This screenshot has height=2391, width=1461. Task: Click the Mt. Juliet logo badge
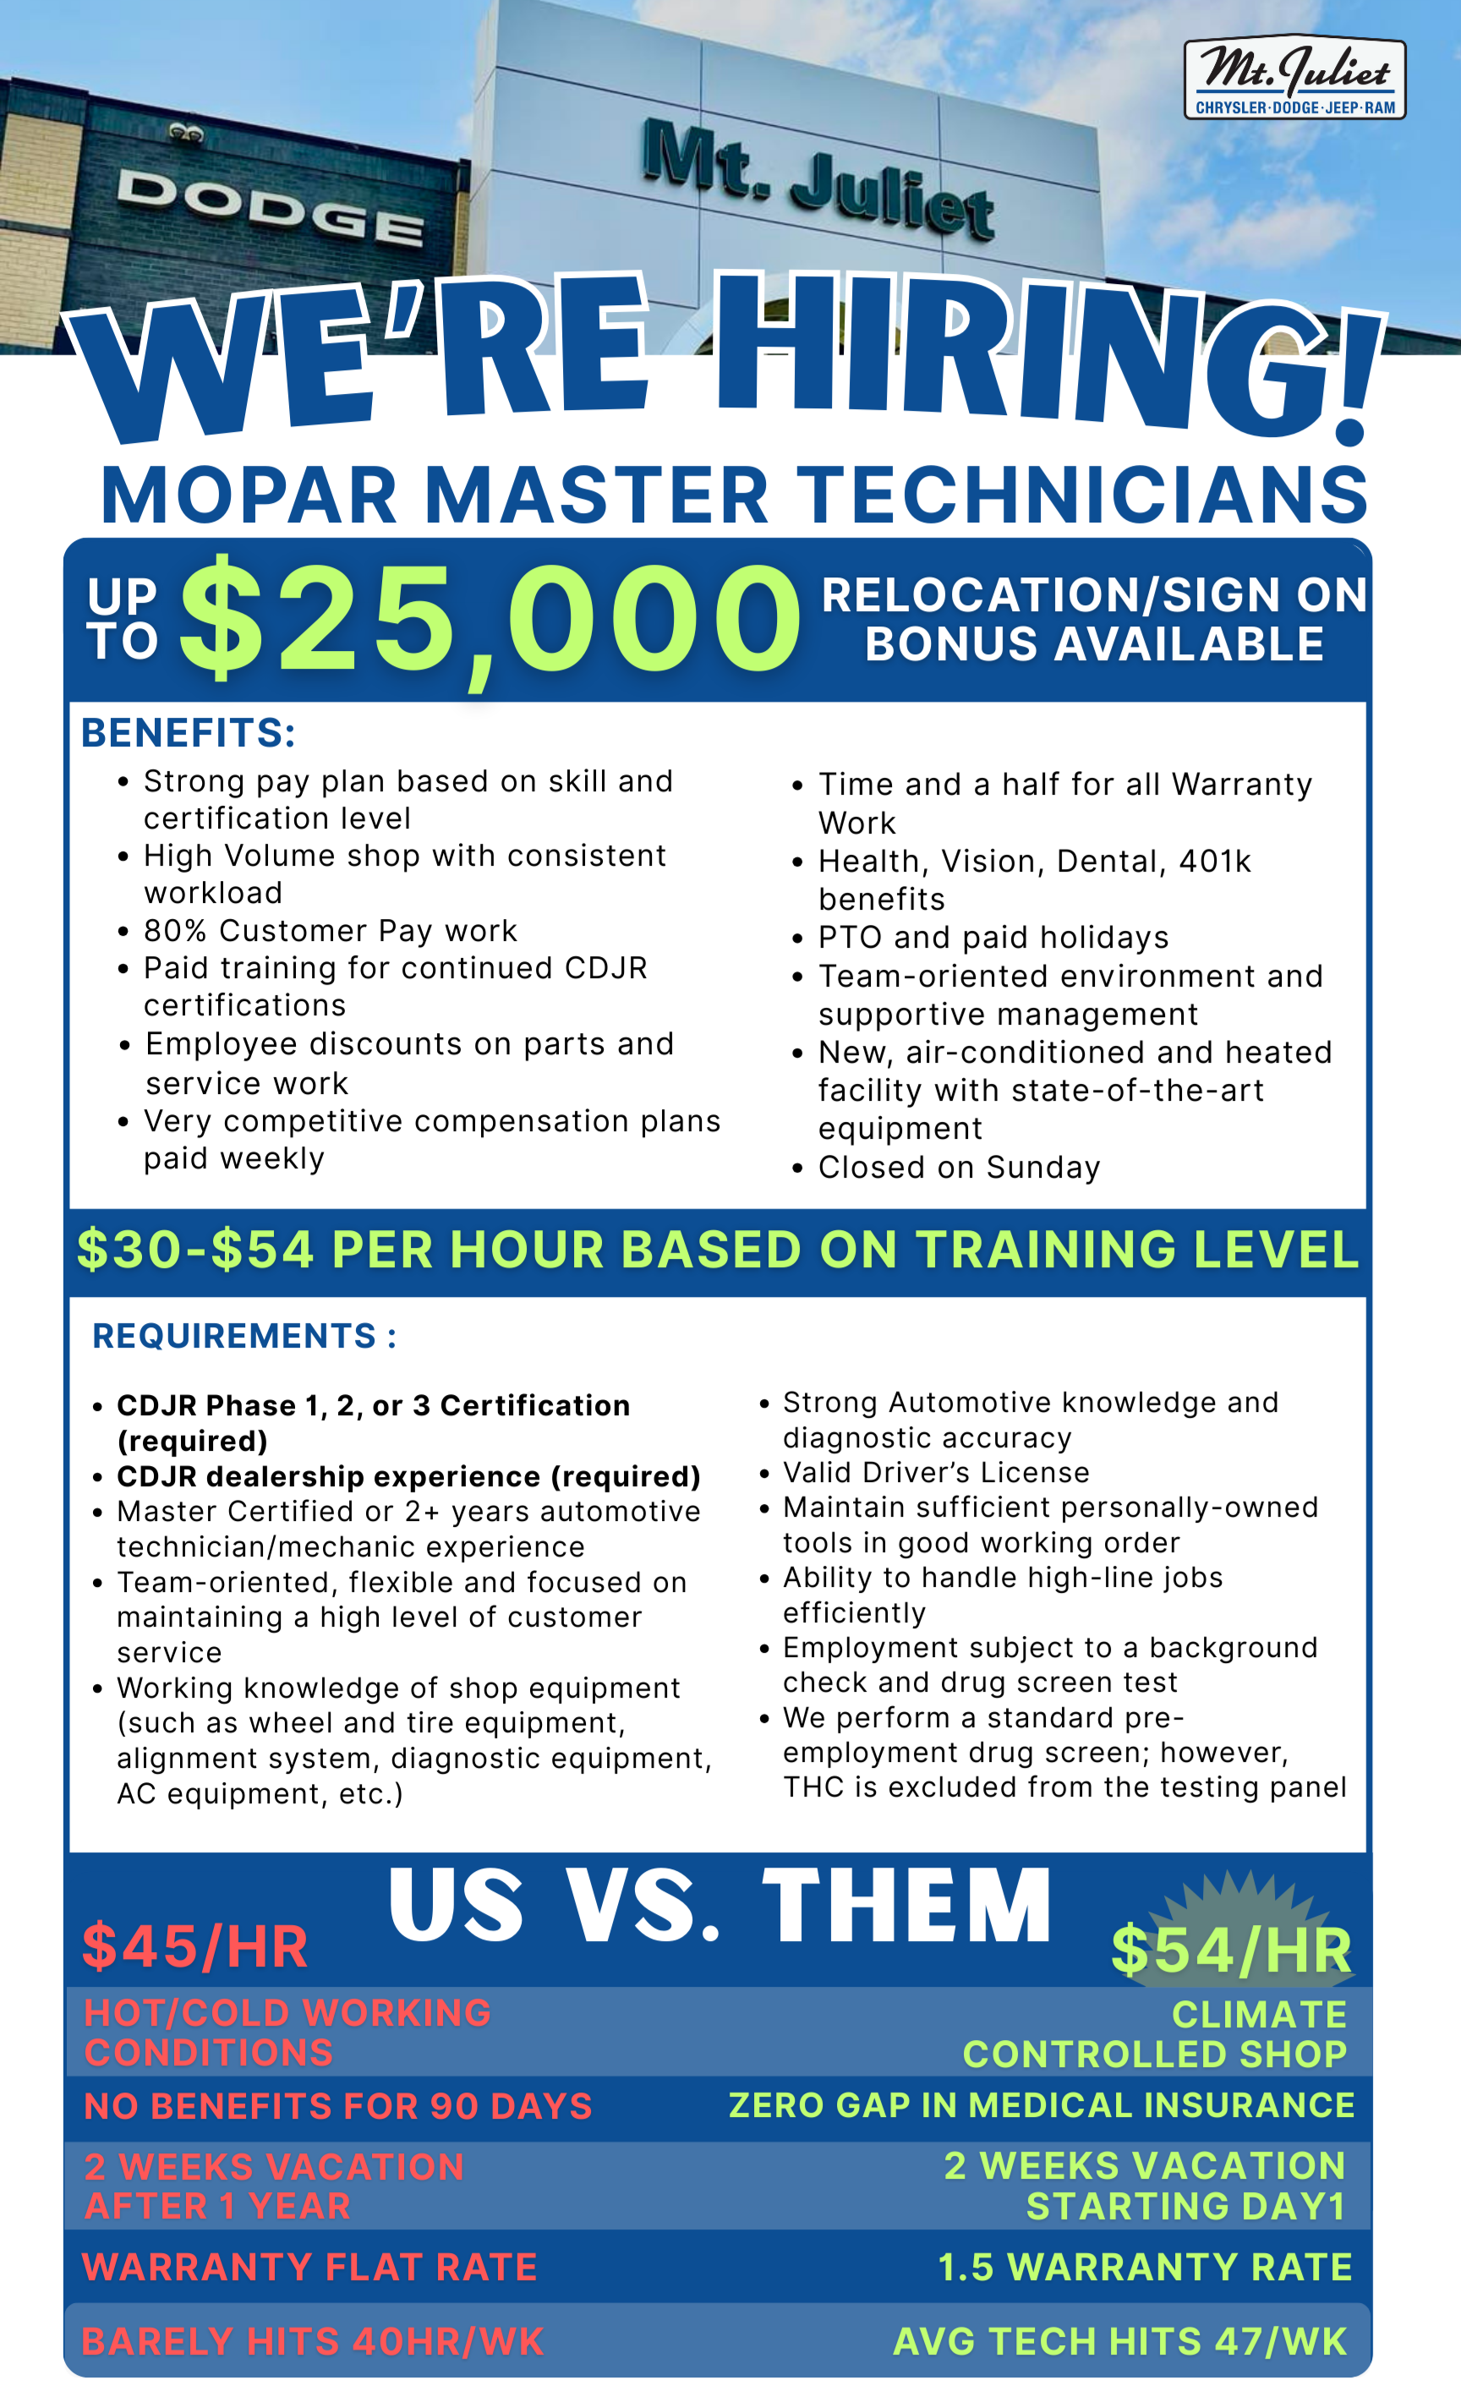click(1294, 78)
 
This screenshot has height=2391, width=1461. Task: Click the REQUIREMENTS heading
click(243, 1336)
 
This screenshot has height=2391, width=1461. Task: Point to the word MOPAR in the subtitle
click(249, 495)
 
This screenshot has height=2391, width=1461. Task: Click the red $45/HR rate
click(195, 1946)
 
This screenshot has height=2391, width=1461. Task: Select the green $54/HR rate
click(1231, 1951)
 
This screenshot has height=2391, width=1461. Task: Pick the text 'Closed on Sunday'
click(959, 1168)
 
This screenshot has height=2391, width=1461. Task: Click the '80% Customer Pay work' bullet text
click(330, 931)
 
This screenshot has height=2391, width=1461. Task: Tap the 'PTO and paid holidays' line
click(993, 938)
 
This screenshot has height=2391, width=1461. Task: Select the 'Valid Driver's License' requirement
click(936, 1472)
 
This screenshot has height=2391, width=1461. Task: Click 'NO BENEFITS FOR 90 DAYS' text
click(337, 2107)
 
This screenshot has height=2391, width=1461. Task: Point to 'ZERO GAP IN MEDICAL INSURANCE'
click(1041, 2104)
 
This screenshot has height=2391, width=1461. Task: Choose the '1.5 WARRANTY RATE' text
click(1145, 2268)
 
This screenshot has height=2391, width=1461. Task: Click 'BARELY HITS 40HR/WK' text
click(312, 2341)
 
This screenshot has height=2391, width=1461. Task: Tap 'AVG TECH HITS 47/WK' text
click(1119, 2341)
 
